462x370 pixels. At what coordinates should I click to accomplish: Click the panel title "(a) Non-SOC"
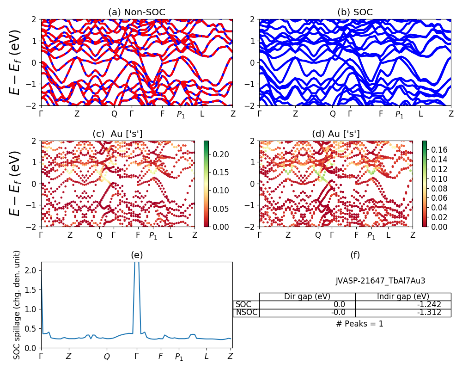[x=137, y=12]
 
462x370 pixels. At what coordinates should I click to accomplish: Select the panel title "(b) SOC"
[x=355, y=12]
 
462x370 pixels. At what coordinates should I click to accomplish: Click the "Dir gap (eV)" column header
[x=307, y=296]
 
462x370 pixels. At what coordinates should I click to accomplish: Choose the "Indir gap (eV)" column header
[x=403, y=296]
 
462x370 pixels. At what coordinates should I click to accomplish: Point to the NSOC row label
[x=246, y=312]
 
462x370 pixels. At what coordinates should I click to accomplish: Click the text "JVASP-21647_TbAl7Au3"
[x=380, y=281]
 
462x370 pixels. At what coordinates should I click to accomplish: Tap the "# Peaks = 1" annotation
[x=359, y=324]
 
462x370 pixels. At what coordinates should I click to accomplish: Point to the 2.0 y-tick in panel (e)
[x=31, y=270]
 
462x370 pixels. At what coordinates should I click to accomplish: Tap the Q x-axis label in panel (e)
[x=107, y=357]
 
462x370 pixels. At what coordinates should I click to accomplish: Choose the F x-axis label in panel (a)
[x=162, y=113]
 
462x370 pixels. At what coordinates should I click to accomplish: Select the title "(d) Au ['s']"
[x=336, y=134]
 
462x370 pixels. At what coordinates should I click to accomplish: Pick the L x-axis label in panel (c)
[x=170, y=235]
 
